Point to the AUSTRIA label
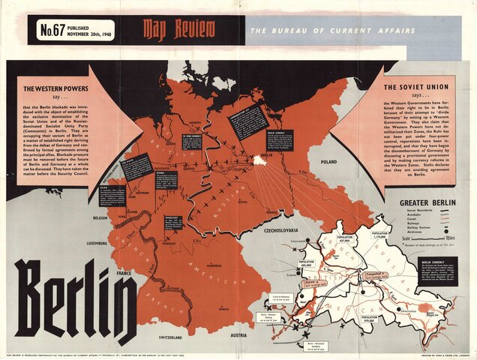[x=238, y=335]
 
